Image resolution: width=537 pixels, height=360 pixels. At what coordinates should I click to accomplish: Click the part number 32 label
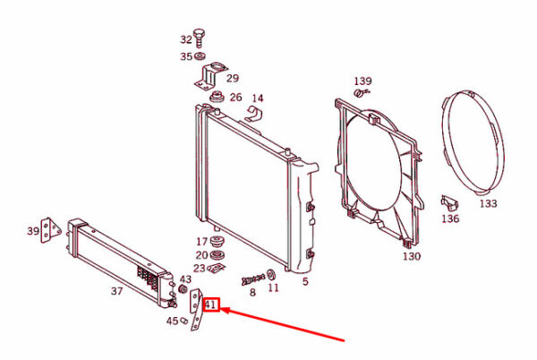[x=186, y=39]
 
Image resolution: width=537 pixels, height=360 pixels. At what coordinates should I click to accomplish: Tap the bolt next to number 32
[x=199, y=38]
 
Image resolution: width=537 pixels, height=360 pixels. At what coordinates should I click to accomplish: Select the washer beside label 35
[x=200, y=56]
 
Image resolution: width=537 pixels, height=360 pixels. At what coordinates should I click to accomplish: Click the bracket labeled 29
[x=210, y=77]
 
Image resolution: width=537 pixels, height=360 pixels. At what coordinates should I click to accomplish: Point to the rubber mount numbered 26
[x=217, y=98]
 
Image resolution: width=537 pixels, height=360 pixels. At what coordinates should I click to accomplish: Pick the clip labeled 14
[x=254, y=114]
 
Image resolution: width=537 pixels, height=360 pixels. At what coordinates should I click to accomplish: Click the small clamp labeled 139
[x=362, y=92]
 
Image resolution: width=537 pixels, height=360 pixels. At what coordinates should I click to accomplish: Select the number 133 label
[x=488, y=203]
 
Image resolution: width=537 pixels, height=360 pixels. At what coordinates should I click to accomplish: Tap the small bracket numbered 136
[x=449, y=202]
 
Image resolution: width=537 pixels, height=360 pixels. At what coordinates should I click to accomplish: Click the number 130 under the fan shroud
[x=412, y=256]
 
